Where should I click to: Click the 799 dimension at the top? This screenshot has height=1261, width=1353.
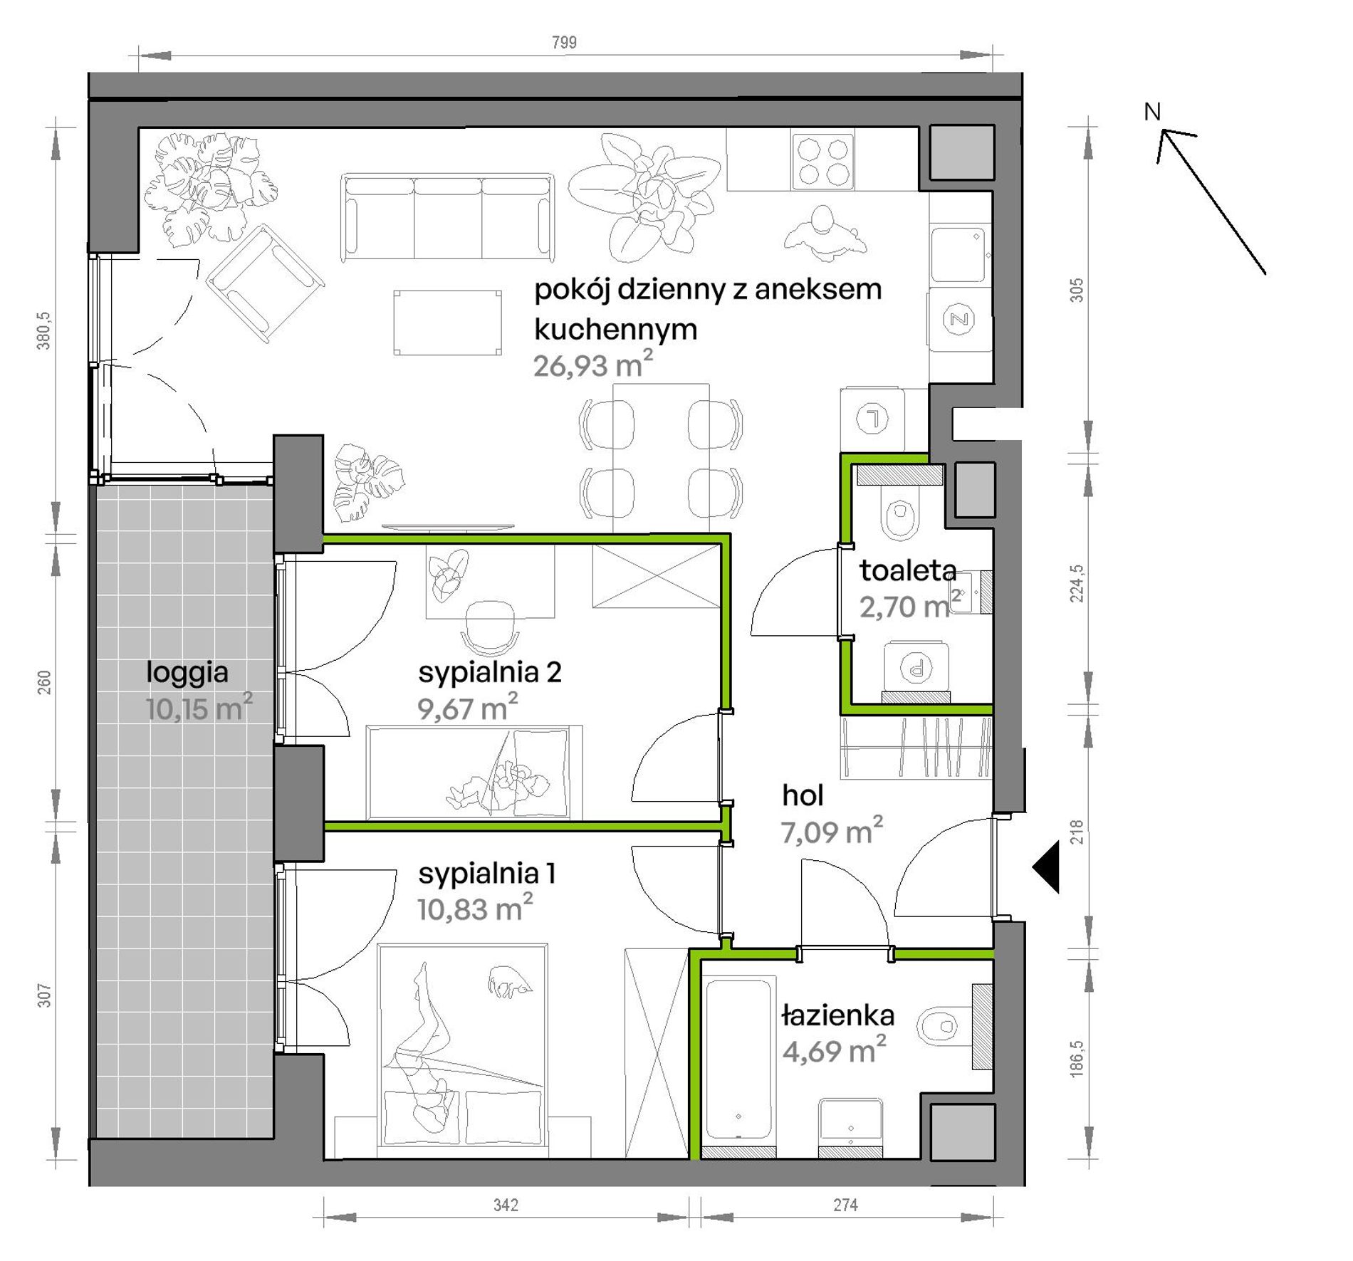pos(564,43)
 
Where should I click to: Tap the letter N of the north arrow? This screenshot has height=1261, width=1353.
pos(1152,112)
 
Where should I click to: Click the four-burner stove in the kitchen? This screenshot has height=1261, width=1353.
pos(822,162)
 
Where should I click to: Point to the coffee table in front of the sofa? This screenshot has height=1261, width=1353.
pos(447,322)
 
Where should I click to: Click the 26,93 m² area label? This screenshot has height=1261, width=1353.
pos(593,365)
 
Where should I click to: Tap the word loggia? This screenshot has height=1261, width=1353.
pos(187,672)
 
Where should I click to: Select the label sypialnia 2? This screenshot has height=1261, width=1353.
pos(490,673)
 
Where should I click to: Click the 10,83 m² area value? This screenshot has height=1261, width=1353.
pos(475,909)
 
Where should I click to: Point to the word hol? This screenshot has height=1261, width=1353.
pos(803,795)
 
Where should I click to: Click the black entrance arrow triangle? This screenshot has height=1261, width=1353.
pos(1046,867)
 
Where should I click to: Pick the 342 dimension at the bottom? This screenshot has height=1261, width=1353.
pos(506,1205)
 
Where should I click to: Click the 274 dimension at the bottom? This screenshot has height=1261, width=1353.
pos(845,1205)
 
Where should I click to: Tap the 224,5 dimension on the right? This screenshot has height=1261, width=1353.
pos(1077,583)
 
